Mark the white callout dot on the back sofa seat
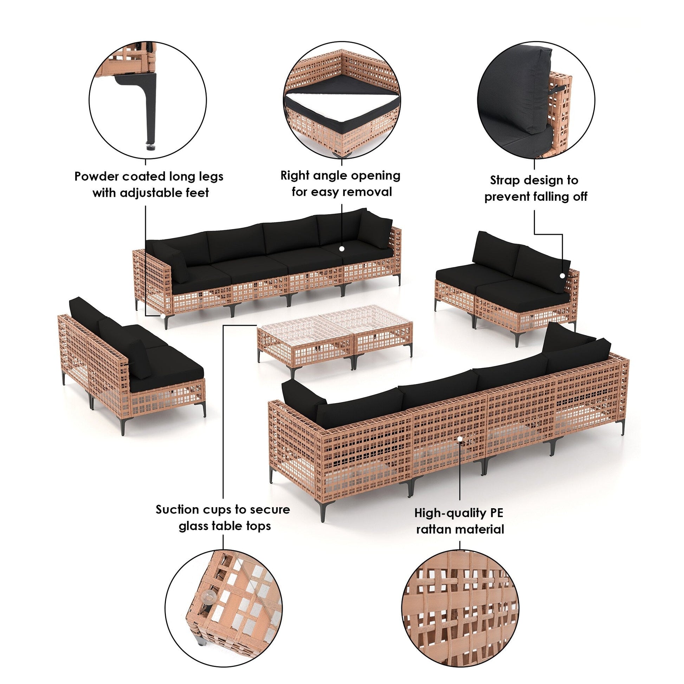click(342, 249)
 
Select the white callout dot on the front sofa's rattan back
click(460, 439)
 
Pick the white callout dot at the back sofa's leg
click(163, 316)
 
